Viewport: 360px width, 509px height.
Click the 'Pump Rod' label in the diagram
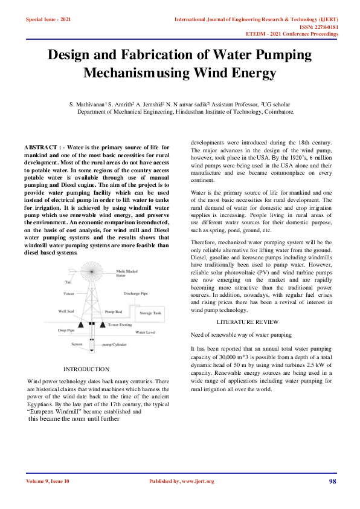tap(113, 312)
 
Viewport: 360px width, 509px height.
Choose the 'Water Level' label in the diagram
tap(146, 332)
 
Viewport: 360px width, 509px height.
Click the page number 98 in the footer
tap(332, 481)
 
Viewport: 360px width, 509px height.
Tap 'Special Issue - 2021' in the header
tap(48, 20)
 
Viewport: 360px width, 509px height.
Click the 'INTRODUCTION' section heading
tap(86, 369)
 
